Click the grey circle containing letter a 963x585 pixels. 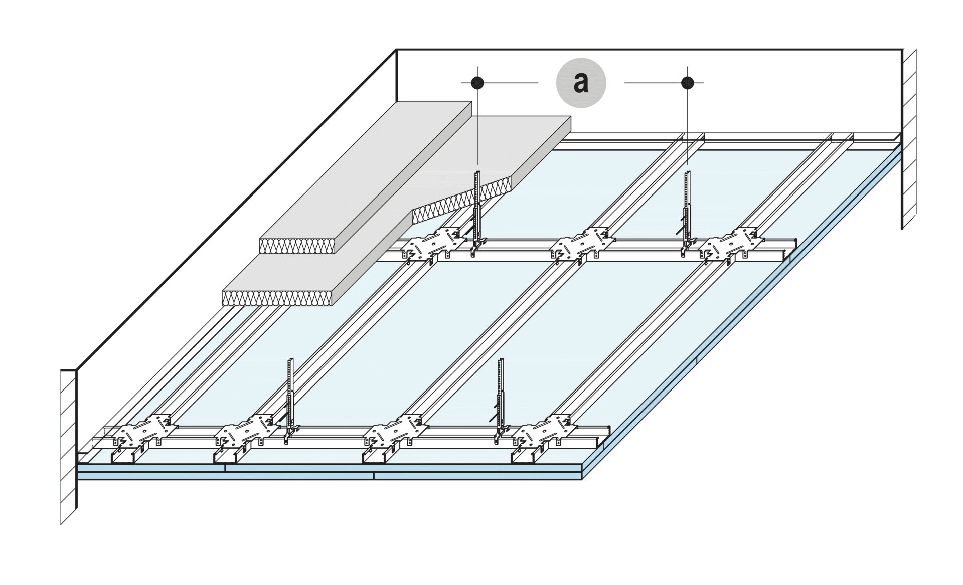click(x=581, y=83)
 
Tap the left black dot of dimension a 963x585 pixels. click(x=477, y=82)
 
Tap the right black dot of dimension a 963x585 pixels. click(x=687, y=82)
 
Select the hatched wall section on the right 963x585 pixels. click(x=909, y=140)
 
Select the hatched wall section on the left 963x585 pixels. click(x=68, y=446)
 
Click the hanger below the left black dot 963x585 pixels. click(x=476, y=211)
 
